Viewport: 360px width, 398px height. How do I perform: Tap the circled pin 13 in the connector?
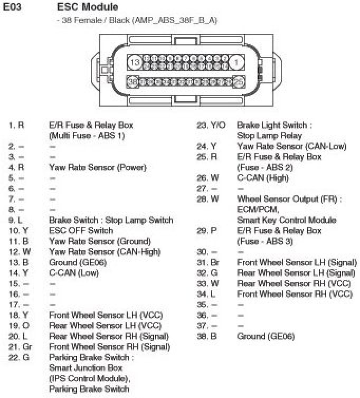tap(136, 62)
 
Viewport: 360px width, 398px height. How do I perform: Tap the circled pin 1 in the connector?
tap(238, 62)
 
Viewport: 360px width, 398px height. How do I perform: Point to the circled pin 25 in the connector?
tap(238, 82)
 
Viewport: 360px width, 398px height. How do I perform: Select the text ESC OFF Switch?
tap(81, 231)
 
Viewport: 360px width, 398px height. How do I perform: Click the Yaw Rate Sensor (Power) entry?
tap(98, 167)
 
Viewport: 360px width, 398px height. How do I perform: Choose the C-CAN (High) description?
tap(263, 178)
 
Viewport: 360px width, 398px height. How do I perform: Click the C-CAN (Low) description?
tap(74, 273)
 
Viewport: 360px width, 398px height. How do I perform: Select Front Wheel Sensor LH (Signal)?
tap(296, 262)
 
